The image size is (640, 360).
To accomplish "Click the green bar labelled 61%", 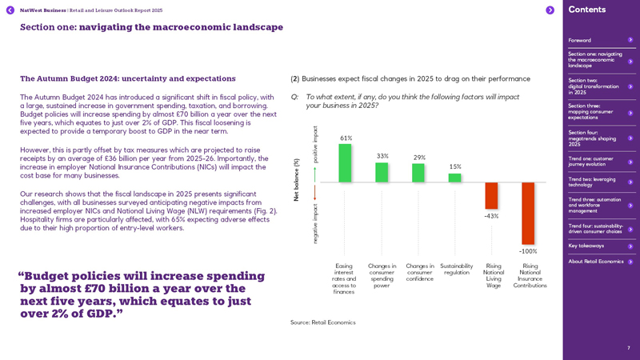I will tap(345, 163).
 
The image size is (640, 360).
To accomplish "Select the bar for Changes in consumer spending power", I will tap(382, 172).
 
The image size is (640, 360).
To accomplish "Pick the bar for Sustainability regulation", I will tap(454, 178).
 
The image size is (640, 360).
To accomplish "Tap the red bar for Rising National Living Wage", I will tap(491, 196).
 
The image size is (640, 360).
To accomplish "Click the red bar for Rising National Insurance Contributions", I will tap(528, 213).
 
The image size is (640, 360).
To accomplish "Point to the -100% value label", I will tap(528, 251).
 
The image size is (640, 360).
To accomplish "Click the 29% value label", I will tap(419, 158).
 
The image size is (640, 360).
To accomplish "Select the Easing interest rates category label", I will tap(344, 278).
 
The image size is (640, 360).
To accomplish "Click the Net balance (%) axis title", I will tap(297, 179).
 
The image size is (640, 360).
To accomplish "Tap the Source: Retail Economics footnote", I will tap(322, 322).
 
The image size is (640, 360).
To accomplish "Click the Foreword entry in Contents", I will tap(580, 40).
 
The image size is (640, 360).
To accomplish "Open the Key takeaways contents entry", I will tap(586, 246).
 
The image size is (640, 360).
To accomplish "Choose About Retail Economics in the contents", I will tap(596, 262).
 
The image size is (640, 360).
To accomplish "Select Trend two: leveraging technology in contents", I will tap(592, 182).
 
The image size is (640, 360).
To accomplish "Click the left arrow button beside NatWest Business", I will tap(10, 10).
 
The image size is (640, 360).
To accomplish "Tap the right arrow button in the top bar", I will tap(550, 10).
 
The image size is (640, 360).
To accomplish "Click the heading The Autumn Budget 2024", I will tap(128, 78).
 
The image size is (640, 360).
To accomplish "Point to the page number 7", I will tap(628, 348).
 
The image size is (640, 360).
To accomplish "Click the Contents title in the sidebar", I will tap(587, 10).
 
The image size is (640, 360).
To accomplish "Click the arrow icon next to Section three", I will tap(630, 113).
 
